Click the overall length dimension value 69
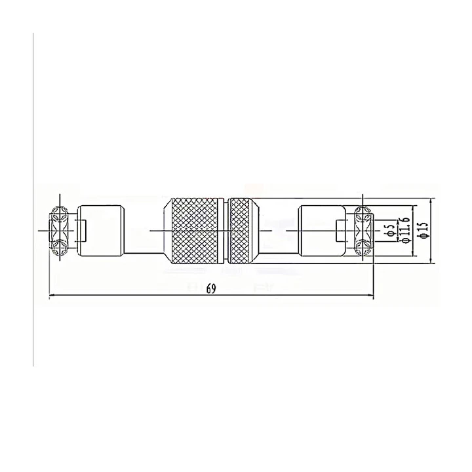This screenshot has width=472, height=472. [x=211, y=288]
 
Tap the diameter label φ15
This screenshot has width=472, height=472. [x=423, y=230]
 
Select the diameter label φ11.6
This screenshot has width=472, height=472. [x=405, y=229]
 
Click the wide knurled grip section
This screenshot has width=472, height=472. [x=195, y=231]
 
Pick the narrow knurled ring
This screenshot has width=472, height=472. [x=239, y=231]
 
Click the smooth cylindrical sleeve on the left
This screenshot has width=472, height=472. [x=101, y=231]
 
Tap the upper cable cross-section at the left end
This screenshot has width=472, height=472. [x=60, y=214]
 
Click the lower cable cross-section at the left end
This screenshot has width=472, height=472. [x=60, y=248]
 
